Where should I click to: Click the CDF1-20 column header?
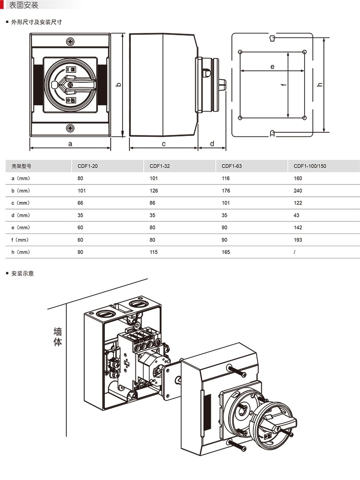(87, 166)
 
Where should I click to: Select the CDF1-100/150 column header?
(310, 166)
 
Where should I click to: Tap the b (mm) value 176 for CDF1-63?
(226, 191)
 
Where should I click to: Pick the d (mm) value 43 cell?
(296, 215)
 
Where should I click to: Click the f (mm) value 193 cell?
(298, 240)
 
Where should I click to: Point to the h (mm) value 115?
(154, 252)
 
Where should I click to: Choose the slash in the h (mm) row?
(295, 252)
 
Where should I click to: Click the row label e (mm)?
(21, 227)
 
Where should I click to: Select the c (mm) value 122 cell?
(298, 203)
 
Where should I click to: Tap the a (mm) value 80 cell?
(80, 178)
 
